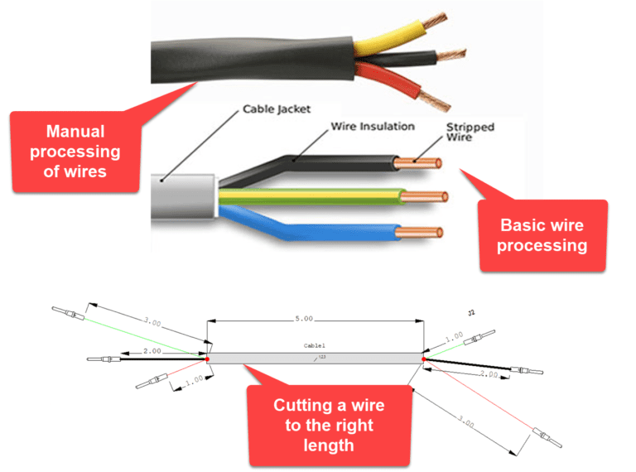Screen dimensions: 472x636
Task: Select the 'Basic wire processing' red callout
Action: pyautogui.click(x=543, y=235)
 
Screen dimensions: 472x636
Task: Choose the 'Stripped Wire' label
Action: pyautogui.click(x=470, y=132)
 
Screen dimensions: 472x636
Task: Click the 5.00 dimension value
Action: pyautogui.click(x=304, y=318)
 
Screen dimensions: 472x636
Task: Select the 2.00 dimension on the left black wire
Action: pyautogui.click(x=152, y=351)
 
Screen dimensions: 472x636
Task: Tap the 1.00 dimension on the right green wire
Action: pyautogui.click(x=454, y=338)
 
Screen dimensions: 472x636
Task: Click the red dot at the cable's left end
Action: pyautogui.click(x=207, y=359)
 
